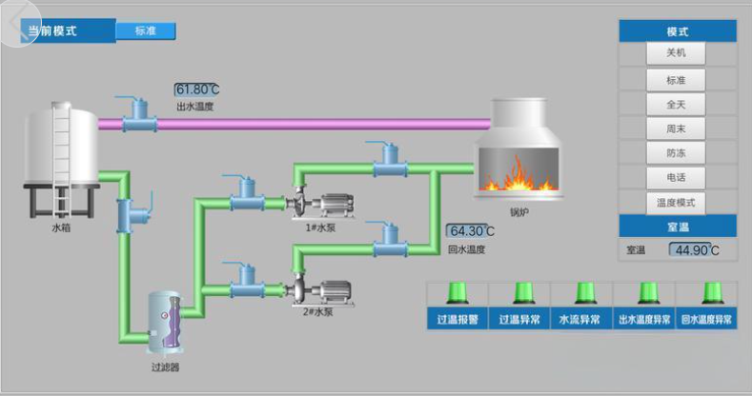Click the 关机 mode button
click(x=676, y=53)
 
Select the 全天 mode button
click(x=676, y=103)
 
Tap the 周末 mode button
click(x=676, y=128)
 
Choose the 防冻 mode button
click(x=676, y=152)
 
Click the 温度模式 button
click(x=676, y=202)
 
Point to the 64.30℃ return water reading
click(x=471, y=230)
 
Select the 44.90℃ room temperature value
click(x=693, y=250)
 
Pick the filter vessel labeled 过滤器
click(x=165, y=322)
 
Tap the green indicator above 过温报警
click(x=457, y=292)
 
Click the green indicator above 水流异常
click(x=581, y=292)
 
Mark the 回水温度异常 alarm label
click(x=706, y=320)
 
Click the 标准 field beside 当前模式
click(x=146, y=30)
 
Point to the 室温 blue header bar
click(x=678, y=227)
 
